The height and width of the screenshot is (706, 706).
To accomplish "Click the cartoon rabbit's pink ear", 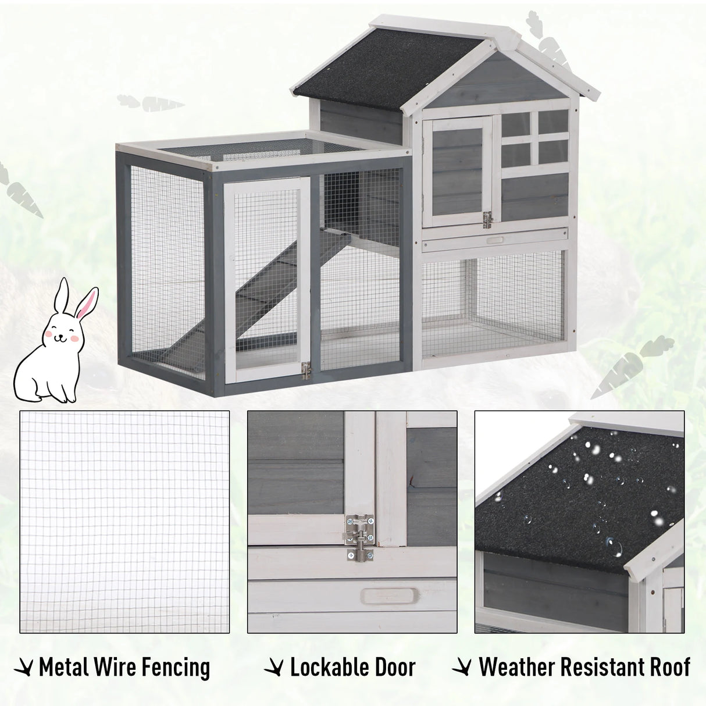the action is [x=87, y=303].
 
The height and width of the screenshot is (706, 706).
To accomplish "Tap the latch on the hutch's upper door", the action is [x=487, y=219].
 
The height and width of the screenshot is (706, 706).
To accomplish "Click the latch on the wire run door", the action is [x=306, y=370].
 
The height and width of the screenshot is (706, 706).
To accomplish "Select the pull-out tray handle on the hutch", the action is [x=495, y=240].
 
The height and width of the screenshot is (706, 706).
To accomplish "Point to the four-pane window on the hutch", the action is [x=534, y=137].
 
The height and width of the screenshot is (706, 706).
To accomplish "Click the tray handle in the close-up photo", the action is [x=390, y=596].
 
